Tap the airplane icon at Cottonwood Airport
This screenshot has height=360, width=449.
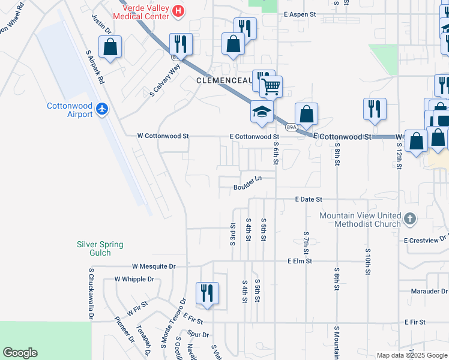(x=103, y=109)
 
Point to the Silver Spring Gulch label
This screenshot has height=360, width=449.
(x=100, y=248)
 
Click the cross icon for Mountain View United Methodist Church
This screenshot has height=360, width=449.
(x=410, y=218)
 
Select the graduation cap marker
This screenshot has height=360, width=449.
(x=261, y=112)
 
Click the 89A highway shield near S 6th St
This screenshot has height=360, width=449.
(x=291, y=127)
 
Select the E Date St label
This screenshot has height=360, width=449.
(x=309, y=199)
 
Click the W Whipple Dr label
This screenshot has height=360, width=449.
(x=134, y=279)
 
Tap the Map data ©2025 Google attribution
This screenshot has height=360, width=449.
(x=411, y=355)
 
